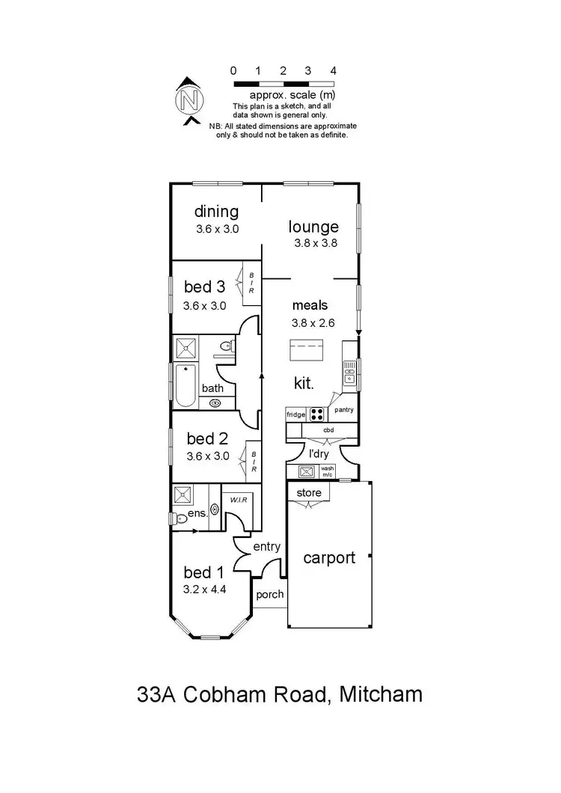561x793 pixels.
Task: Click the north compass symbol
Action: click(x=190, y=99)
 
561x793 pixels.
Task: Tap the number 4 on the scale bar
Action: click(x=333, y=70)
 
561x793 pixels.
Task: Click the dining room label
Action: click(x=216, y=212)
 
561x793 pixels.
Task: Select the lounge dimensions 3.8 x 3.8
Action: click(x=314, y=243)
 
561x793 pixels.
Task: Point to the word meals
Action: click(x=310, y=305)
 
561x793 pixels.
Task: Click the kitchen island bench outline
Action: click(x=307, y=350)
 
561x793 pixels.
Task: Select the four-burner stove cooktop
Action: click(x=317, y=414)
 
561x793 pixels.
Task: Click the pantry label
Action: click(x=344, y=410)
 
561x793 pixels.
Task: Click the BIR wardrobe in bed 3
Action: click(x=251, y=285)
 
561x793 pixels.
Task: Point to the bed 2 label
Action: click(x=206, y=438)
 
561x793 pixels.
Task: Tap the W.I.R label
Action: click(x=239, y=500)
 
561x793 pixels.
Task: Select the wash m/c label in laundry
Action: click(x=327, y=472)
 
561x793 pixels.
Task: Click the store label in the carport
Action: click(x=309, y=493)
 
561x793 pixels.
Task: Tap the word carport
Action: click(x=328, y=557)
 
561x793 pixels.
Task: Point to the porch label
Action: click(x=270, y=595)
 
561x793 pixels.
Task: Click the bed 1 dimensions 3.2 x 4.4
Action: click(x=204, y=590)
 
